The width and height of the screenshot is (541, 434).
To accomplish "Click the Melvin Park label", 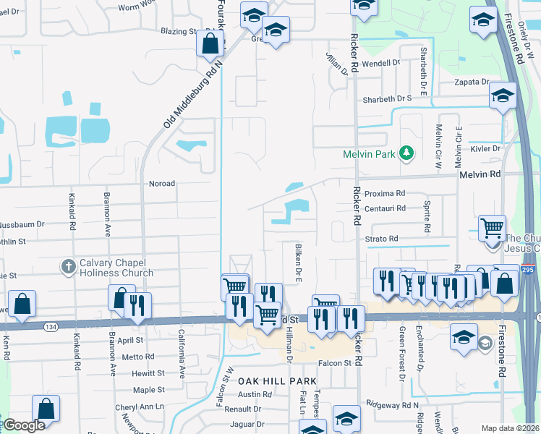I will [x=368, y=154].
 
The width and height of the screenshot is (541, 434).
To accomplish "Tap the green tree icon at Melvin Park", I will [x=406, y=153].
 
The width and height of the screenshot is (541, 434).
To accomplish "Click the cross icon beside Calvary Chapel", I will [x=69, y=267].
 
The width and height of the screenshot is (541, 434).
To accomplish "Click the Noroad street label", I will [x=161, y=184].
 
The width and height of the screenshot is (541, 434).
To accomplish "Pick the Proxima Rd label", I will [x=385, y=194].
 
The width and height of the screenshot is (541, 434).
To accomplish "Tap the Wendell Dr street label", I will [x=381, y=63].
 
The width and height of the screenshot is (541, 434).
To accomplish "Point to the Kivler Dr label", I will [x=486, y=148].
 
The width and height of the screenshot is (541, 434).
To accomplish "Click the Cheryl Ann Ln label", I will [x=140, y=407].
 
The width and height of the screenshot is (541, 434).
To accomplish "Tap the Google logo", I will [x=24, y=425].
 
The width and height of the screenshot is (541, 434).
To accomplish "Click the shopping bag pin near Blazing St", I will [x=209, y=43].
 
